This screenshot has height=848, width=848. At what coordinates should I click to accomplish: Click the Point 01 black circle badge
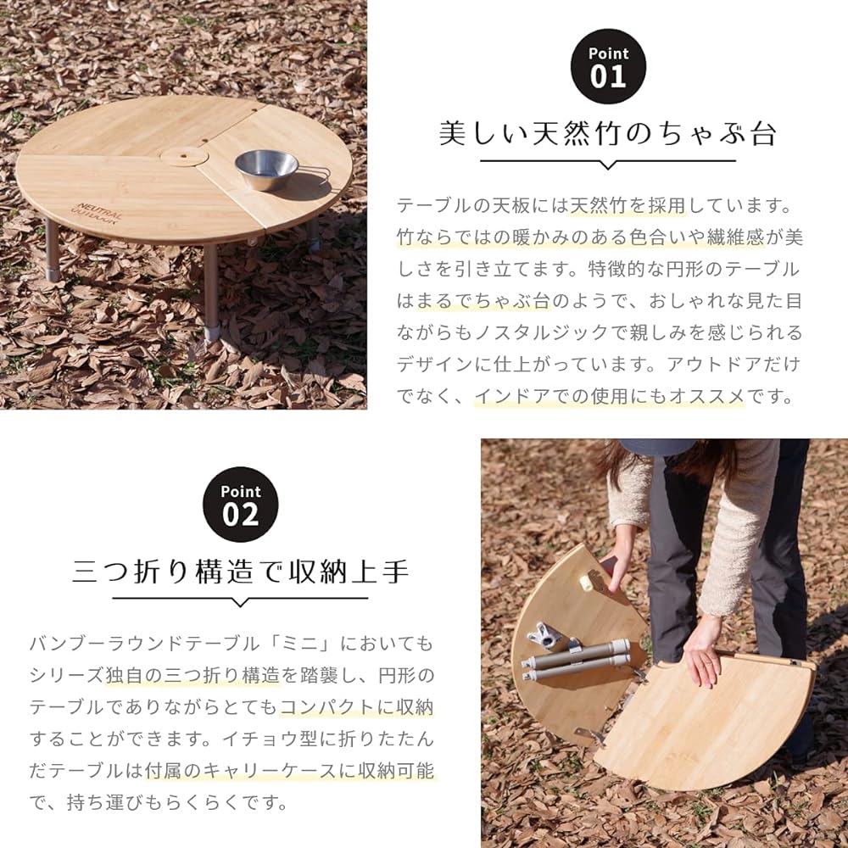coord(607,67)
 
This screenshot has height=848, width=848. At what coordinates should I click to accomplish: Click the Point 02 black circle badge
coord(240,505)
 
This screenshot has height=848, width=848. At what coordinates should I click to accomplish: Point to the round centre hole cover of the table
coord(182,156)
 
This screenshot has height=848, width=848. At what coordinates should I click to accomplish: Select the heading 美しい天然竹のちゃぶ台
coord(607,133)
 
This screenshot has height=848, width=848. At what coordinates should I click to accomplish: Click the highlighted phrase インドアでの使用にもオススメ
coord(609,395)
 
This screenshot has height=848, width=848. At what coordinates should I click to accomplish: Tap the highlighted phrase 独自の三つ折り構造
coord(193,676)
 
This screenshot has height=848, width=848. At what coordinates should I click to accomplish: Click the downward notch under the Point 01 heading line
coord(607,164)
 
